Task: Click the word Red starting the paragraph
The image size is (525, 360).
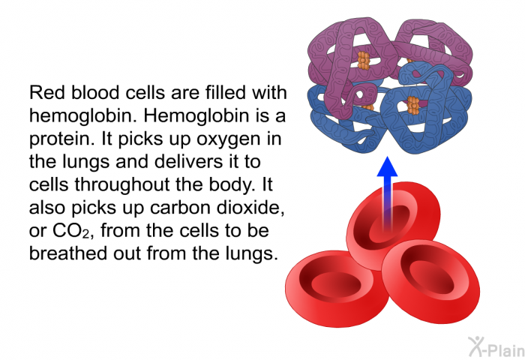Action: tap(46, 93)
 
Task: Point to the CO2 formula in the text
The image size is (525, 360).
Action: tap(72, 231)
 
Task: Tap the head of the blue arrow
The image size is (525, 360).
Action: tap(388, 166)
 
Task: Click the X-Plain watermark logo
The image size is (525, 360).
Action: tap(496, 346)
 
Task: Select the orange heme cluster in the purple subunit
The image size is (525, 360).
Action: tap(364, 61)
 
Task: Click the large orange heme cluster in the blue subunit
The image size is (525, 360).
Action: tap(413, 106)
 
